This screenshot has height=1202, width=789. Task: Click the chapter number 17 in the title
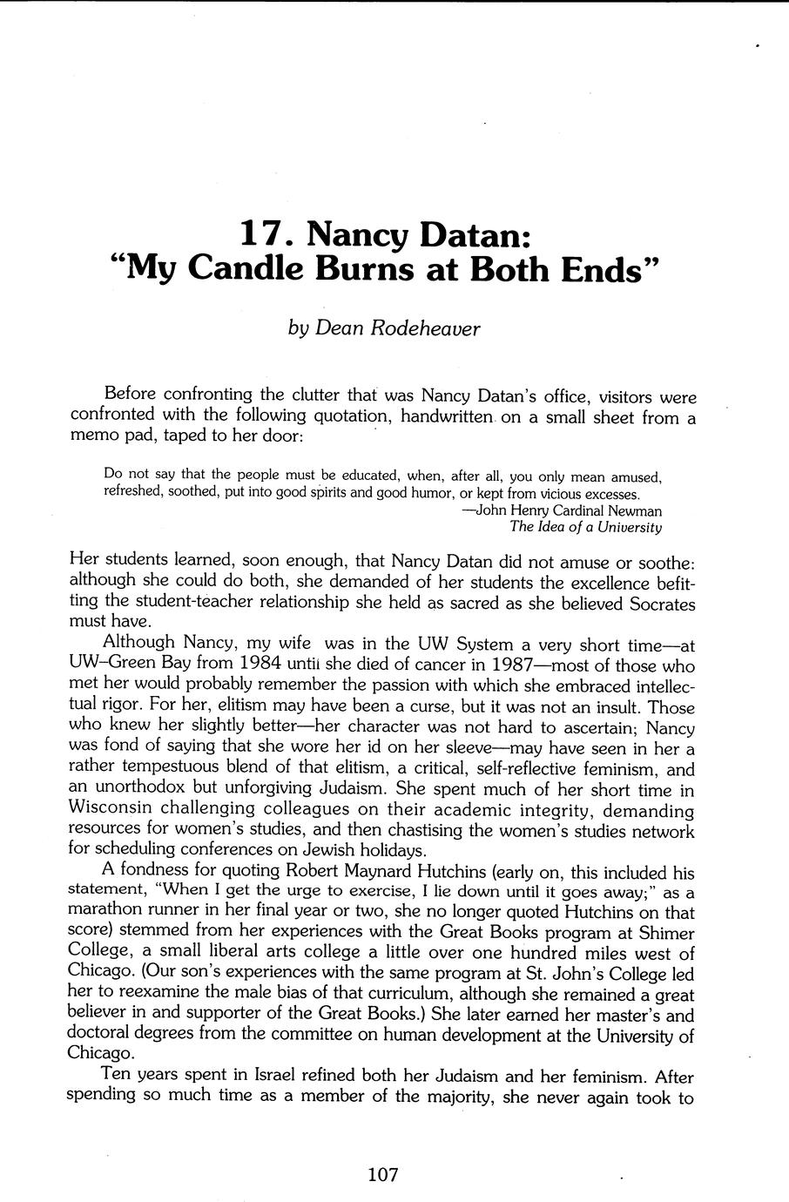pyautogui.click(x=260, y=233)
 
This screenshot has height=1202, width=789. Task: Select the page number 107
pyautogui.click(x=382, y=1174)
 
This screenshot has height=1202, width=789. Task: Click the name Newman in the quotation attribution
pyautogui.click(x=633, y=510)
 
